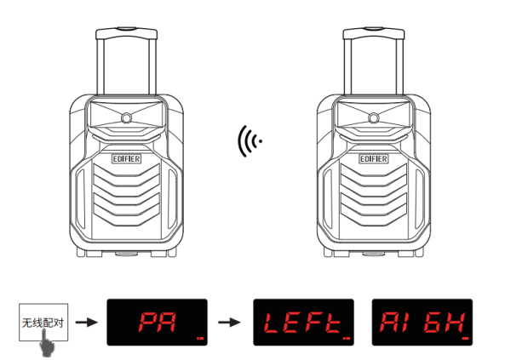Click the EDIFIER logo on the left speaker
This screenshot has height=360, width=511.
126,159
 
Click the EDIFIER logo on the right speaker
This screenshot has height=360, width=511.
374,159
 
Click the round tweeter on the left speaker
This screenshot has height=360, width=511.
126,118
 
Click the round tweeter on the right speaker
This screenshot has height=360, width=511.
374,118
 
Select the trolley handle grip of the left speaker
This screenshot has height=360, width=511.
126,33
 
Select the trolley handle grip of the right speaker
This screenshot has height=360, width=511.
374,33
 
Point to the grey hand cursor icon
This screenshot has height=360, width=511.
47,343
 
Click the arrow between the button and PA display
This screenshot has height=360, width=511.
86,323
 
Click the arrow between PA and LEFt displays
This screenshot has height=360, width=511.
229,323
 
